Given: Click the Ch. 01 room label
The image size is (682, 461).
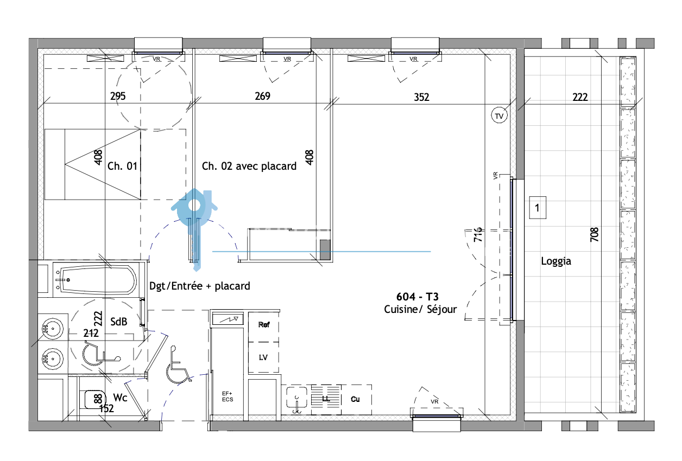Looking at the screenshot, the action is click(122, 166).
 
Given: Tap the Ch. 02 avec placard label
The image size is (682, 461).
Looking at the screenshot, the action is click(249, 166).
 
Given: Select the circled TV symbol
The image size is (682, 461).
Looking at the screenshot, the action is click(500, 116).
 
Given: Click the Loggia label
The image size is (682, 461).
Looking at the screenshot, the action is click(556, 261).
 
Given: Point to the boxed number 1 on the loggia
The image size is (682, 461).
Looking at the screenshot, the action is click(538, 208).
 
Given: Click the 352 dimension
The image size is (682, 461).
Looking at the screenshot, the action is click(421, 97).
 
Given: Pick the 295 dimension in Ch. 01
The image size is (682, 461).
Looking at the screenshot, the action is click(118, 96).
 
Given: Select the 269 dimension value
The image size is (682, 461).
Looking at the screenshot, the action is click(262, 96).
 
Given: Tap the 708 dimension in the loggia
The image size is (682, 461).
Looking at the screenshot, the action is click(595, 234).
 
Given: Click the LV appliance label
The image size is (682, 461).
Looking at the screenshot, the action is click(263, 357).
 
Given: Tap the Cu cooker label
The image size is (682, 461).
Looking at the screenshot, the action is click(355, 399).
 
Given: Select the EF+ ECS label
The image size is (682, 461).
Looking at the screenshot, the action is click(228, 396).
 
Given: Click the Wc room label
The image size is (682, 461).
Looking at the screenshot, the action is click(120, 398).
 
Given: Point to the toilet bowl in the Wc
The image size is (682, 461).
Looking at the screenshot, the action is click(94, 400).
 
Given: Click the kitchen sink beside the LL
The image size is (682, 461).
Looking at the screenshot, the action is click(296, 398).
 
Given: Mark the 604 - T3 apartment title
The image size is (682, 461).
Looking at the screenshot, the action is click(418, 297).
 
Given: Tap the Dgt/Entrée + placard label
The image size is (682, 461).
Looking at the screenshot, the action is click(200, 286).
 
